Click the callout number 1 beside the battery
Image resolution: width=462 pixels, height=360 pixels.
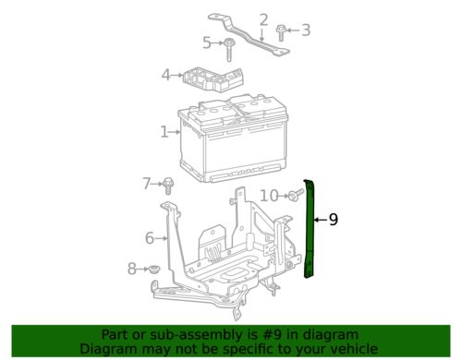coord(164,132)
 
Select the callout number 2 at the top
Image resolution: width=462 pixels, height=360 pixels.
coord(263,18)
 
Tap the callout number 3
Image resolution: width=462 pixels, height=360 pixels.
coord(306,30)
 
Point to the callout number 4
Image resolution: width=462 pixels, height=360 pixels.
coord(165,75)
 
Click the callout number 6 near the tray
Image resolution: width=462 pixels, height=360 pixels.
coord(150,238)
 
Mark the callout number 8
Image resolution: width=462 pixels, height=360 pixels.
coord(132,269)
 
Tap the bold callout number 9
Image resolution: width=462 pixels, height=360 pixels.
coord(334,220)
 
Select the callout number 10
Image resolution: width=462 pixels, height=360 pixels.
coord(268,195)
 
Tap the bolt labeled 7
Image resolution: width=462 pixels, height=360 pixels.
coord(169,184)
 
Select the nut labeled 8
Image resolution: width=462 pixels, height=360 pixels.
coord(154,269)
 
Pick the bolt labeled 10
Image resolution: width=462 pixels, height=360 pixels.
coord(293,195)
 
